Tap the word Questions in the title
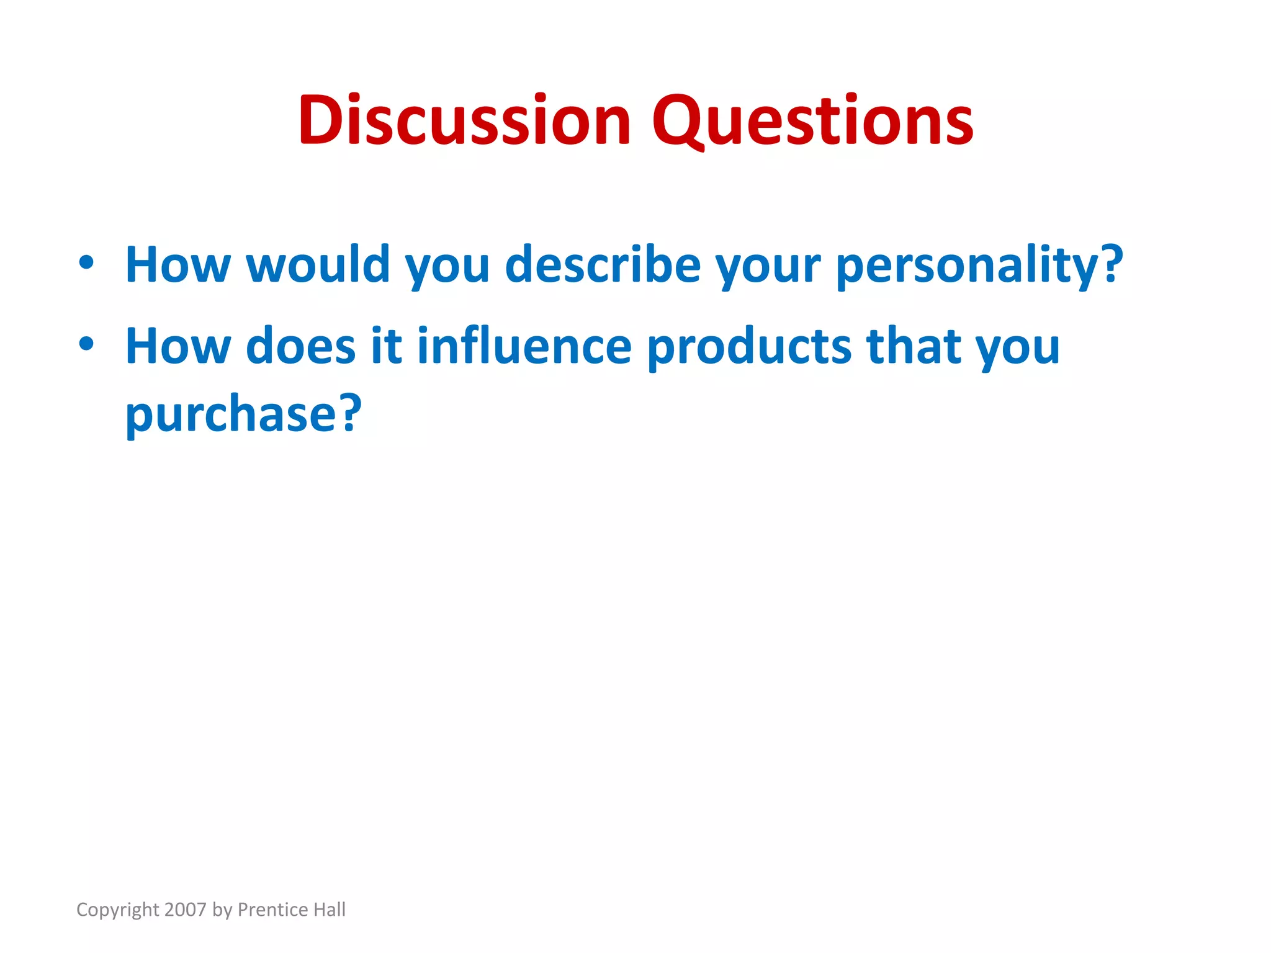pyautogui.click(x=812, y=122)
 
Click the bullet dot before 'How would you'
pyautogui.click(x=86, y=262)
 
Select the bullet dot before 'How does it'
pyautogui.click(x=86, y=344)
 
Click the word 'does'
pyautogui.click(x=301, y=346)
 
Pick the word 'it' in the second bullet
pyautogui.click(x=387, y=346)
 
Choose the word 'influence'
pyautogui.click(x=524, y=346)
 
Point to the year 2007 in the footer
pyautogui.click(x=186, y=910)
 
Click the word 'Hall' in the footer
pyautogui.click(x=329, y=910)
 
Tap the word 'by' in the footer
pyautogui.click(x=222, y=910)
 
